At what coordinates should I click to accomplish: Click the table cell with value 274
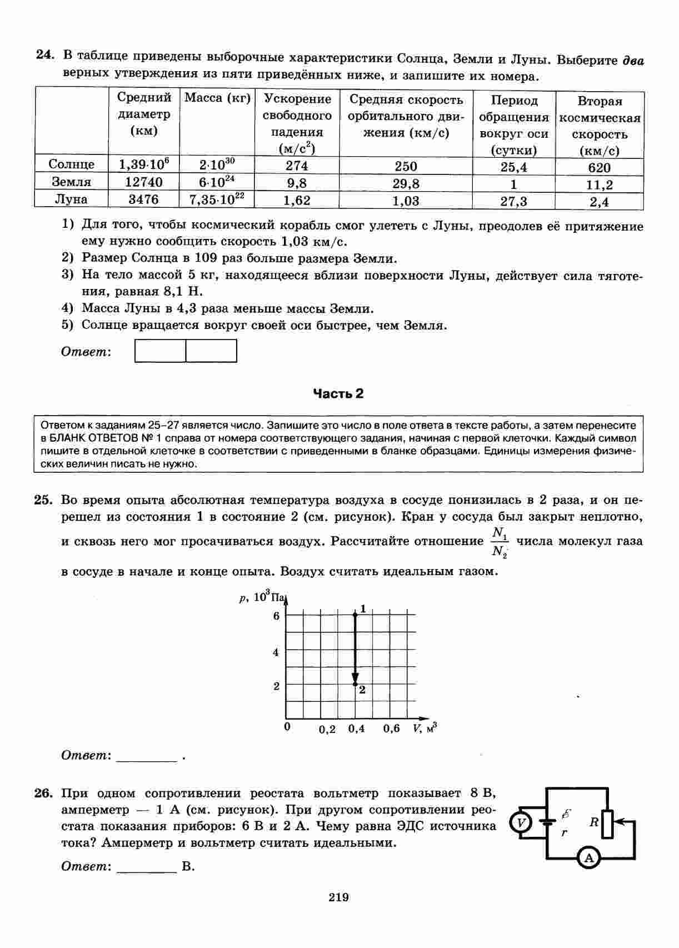tap(297, 166)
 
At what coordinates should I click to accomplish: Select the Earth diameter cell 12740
tap(141, 182)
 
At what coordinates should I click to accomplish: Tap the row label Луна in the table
tap(71, 199)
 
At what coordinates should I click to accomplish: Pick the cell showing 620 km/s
tap(599, 168)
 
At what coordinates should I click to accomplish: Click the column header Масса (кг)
tap(217, 98)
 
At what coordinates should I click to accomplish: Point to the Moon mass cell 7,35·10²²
tap(217, 199)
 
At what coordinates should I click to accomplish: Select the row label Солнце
tap(71, 164)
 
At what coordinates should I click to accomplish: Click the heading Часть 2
tap(338, 394)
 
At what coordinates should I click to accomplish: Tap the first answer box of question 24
tap(161, 351)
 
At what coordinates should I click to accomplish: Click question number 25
tap(43, 500)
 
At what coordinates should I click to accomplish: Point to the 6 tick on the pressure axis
tap(276, 616)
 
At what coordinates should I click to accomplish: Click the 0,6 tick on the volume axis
tap(391, 729)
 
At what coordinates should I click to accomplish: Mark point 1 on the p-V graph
tap(355, 614)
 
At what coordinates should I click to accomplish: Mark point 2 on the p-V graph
tap(355, 684)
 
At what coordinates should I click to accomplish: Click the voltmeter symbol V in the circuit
tap(521, 822)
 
